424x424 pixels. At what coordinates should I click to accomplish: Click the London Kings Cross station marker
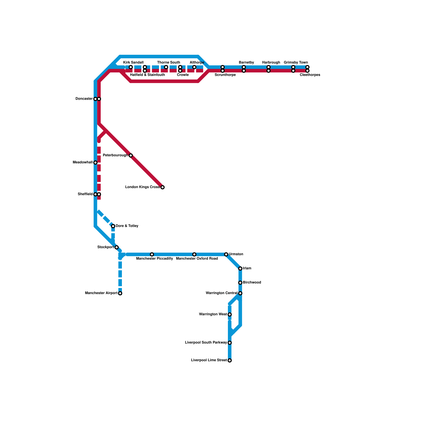(162, 187)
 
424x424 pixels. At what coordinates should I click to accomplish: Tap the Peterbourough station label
(115, 155)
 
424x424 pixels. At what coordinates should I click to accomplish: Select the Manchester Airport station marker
(120, 293)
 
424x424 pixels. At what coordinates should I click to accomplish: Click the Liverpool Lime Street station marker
(230, 360)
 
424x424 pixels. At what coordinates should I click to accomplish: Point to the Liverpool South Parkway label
(206, 343)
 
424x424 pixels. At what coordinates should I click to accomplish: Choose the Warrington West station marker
(230, 315)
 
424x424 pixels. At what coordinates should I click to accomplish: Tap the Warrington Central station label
(222, 293)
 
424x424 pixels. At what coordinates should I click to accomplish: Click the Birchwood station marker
(240, 283)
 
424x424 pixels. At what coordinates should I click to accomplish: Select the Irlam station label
(247, 268)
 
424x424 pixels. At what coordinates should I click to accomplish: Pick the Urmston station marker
(226, 254)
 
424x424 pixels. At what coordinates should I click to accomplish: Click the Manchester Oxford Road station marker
(194, 254)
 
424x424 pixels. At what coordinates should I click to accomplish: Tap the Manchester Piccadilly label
(154, 259)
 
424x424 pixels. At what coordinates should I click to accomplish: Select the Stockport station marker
(116, 247)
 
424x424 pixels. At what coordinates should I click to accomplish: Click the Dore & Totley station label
(127, 226)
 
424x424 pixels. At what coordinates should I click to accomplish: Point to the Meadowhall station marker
(95, 162)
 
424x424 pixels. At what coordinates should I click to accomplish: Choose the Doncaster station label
(84, 99)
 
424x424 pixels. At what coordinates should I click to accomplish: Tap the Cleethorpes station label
(310, 75)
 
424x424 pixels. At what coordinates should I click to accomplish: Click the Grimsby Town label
(296, 63)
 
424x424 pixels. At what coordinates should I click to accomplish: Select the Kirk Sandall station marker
(131, 67)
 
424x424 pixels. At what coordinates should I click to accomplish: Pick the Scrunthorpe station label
(225, 75)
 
